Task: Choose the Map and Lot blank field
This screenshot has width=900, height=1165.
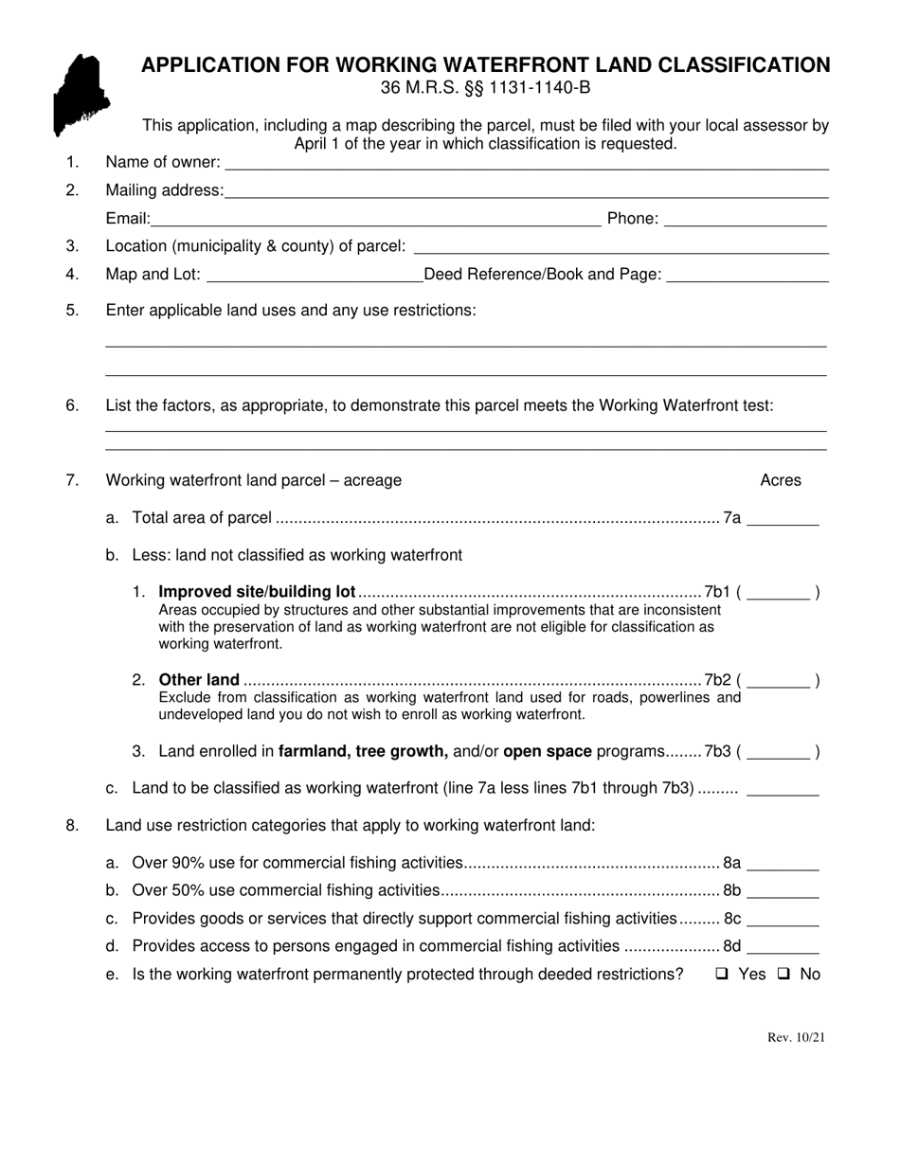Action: (314, 278)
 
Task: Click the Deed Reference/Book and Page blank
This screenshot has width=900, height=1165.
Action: (747, 278)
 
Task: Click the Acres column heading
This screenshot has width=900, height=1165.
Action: (781, 480)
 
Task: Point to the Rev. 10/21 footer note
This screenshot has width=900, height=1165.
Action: (796, 1037)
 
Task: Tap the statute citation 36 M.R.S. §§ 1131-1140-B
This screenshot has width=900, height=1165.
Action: (485, 88)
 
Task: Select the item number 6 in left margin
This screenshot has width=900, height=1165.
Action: (73, 405)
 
